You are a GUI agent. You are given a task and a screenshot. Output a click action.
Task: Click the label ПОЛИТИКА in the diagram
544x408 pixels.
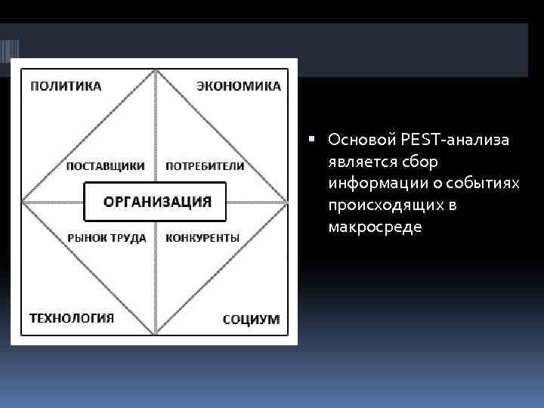(66, 85)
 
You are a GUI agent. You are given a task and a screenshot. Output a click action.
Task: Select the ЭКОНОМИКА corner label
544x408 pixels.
(239, 85)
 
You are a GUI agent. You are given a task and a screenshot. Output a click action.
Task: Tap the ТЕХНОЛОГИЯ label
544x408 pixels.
(72, 317)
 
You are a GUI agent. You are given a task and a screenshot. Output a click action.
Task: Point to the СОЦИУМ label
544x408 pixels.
(251, 319)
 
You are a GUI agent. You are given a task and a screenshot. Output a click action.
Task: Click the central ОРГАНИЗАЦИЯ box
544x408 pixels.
(156, 202)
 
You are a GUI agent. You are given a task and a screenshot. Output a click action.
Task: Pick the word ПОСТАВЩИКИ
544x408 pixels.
(106, 166)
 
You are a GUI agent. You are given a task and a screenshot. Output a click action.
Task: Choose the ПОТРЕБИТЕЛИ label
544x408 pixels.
(205, 166)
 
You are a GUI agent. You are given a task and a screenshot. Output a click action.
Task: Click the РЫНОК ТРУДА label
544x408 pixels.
(107, 237)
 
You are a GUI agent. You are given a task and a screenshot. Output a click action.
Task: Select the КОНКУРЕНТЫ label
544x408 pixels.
(202, 237)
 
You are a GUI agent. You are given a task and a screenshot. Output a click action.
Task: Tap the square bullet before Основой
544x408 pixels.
(321, 140)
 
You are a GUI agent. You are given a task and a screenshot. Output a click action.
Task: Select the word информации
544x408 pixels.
(367, 184)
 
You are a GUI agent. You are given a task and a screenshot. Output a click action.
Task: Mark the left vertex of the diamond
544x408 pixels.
(23, 202)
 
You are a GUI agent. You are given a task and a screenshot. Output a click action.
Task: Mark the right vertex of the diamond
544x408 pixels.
(288, 202)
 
